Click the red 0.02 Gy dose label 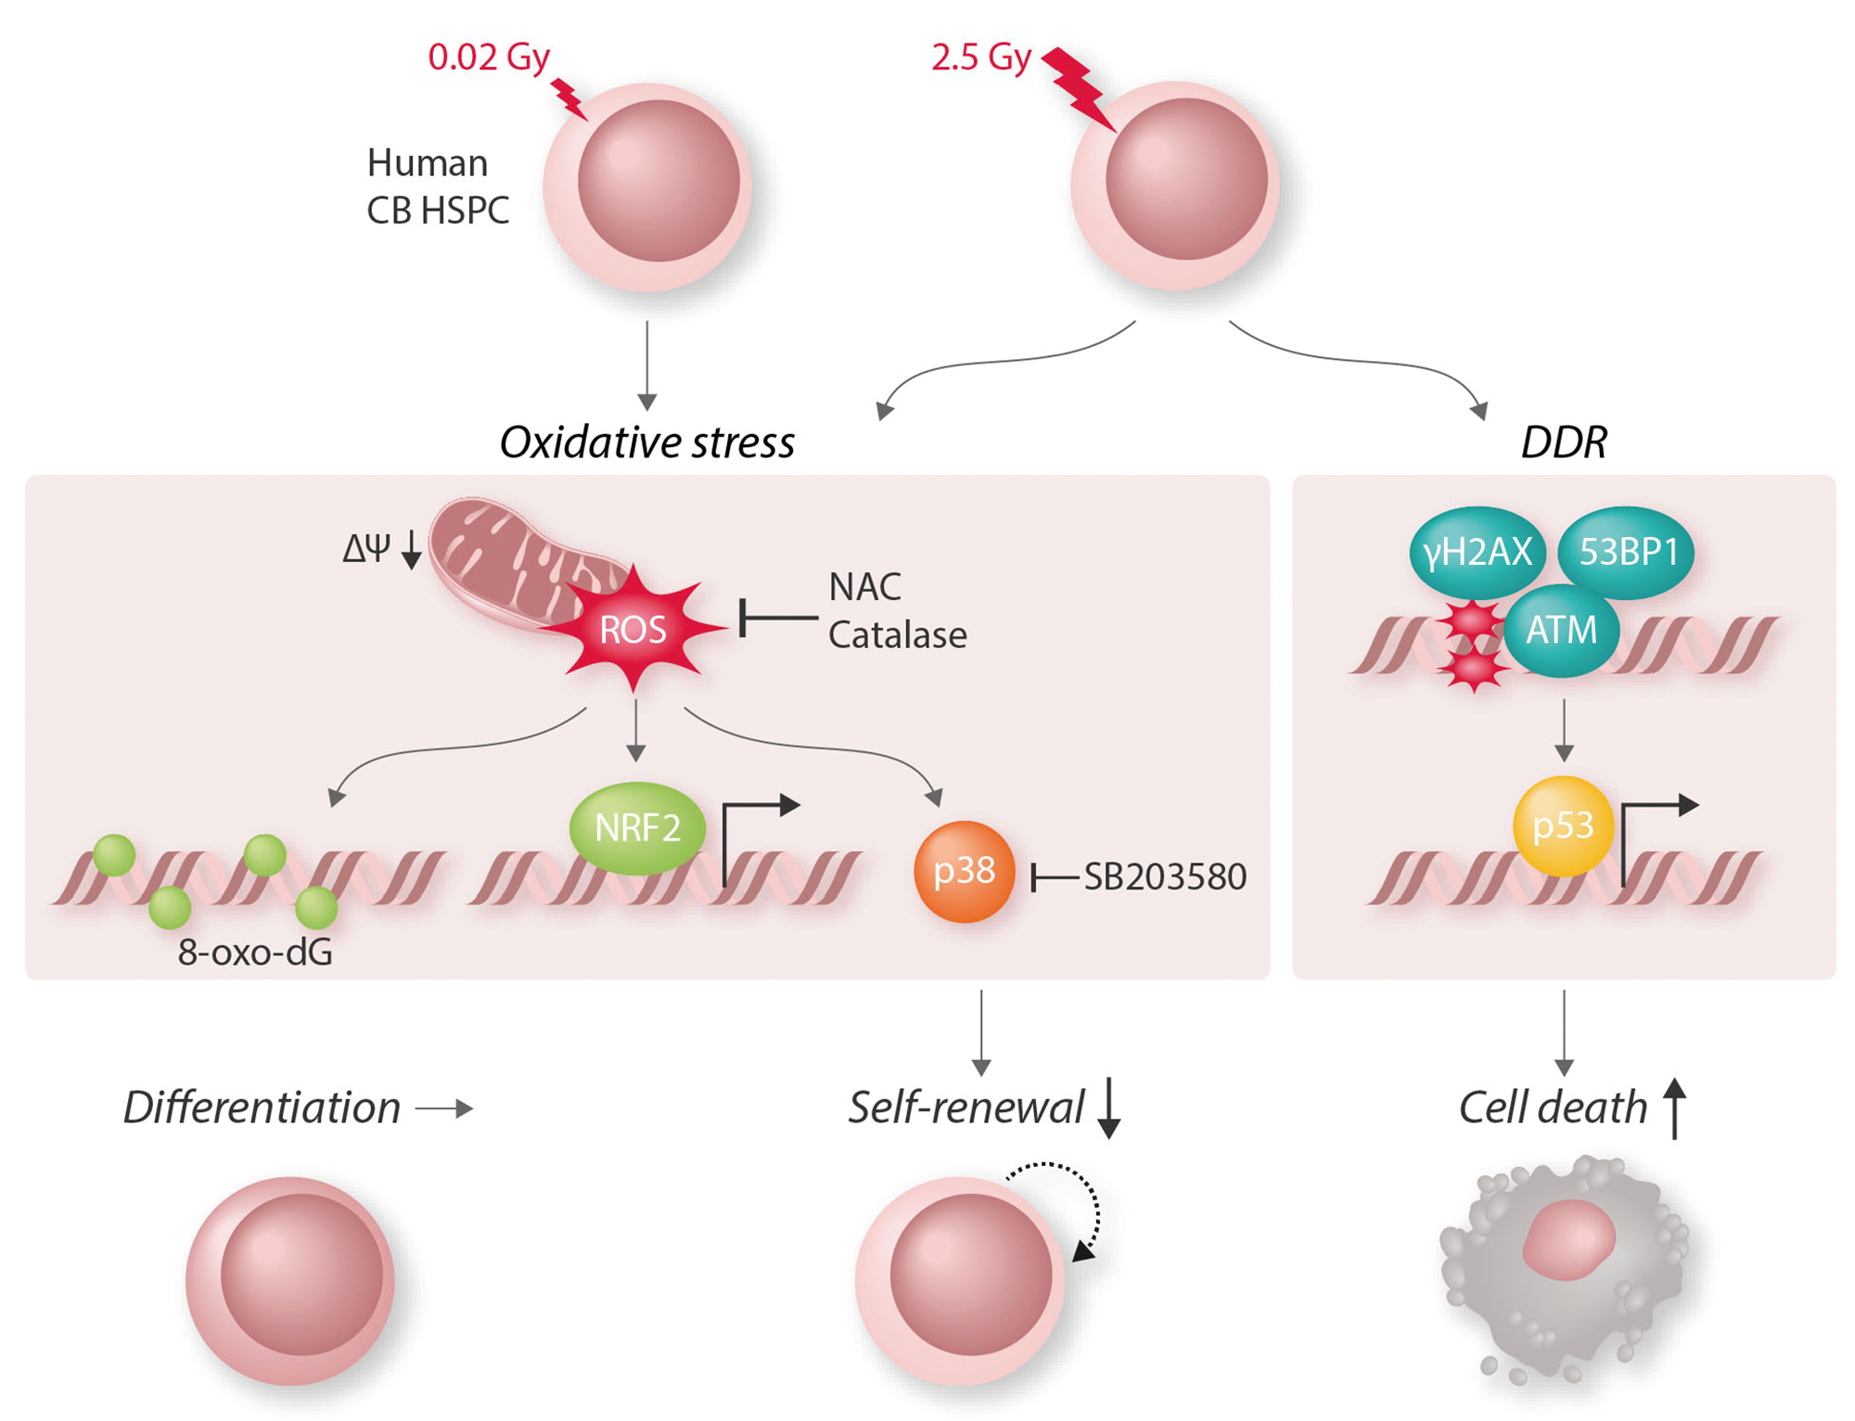point(489,57)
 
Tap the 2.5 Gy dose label point(980,57)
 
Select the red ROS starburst point(633,630)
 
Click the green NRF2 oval point(637,827)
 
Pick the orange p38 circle point(964,871)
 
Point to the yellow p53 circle point(1563,826)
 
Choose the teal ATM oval point(1562,630)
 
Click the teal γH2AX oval point(1477,553)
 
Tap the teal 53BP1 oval point(1628,552)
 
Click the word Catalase point(897,635)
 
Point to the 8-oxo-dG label point(255,953)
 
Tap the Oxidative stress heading point(646,442)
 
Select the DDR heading point(1564,442)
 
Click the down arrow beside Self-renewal point(1108,1107)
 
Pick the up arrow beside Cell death point(1674,1107)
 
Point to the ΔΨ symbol point(365,549)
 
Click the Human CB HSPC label point(438,186)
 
